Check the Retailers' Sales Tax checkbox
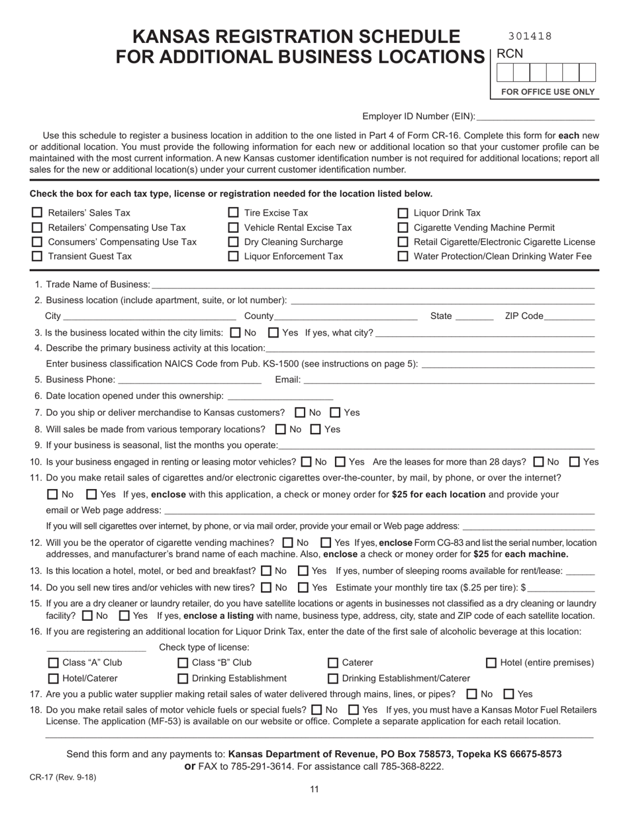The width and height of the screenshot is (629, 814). (x=37, y=213)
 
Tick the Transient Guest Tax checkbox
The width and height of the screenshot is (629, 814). (x=37, y=256)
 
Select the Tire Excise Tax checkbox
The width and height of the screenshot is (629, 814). (x=233, y=213)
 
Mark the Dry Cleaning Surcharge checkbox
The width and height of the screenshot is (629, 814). (x=233, y=242)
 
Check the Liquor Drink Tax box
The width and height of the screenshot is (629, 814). (x=403, y=213)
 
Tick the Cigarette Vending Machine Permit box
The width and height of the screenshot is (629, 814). (x=403, y=228)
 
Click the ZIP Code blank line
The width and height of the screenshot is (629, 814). (x=569, y=316)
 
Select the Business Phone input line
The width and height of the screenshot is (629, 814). (x=189, y=380)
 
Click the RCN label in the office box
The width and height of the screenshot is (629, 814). (x=509, y=54)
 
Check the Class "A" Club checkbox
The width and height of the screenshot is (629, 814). (x=53, y=663)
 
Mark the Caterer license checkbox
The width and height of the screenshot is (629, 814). (x=333, y=663)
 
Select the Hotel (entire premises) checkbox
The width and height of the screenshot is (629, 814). (x=491, y=663)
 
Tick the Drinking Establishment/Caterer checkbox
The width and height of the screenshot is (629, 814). (x=333, y=678)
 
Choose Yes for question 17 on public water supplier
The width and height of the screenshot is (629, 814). (x=508, y=694)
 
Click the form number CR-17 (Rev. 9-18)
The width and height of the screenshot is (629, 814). (x=63, y=778)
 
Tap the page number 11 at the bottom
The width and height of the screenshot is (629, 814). (x=314, y=789)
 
